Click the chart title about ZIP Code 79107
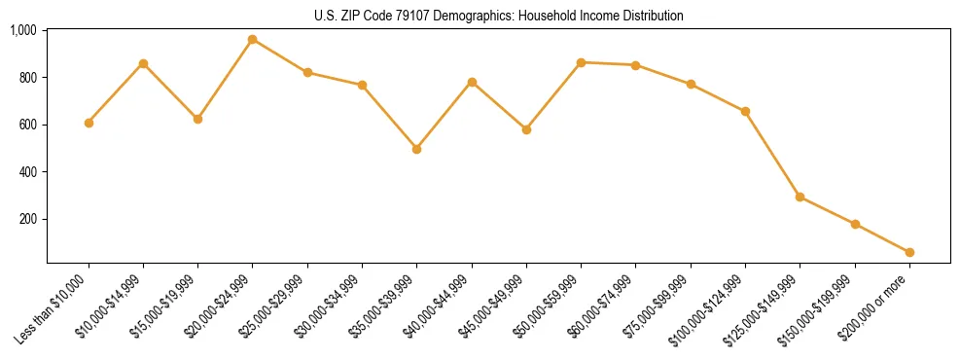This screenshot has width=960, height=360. [x=499, y=17]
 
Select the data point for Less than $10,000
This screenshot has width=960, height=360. [x=89, y=123]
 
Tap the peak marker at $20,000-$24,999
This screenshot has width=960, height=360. [x=253, y=39]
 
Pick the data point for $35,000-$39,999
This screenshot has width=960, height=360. [x=417, y=149]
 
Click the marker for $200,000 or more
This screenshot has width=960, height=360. [x=909, y=252]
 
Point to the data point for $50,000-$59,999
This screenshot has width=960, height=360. [x=581, y=62]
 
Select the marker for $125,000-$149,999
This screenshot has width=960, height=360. [x=800, y=197]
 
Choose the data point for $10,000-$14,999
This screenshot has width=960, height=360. [x=143, y=63]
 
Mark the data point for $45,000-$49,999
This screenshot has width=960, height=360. [x=526, y=129]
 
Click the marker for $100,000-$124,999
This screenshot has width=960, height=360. [x=745, y=111]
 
